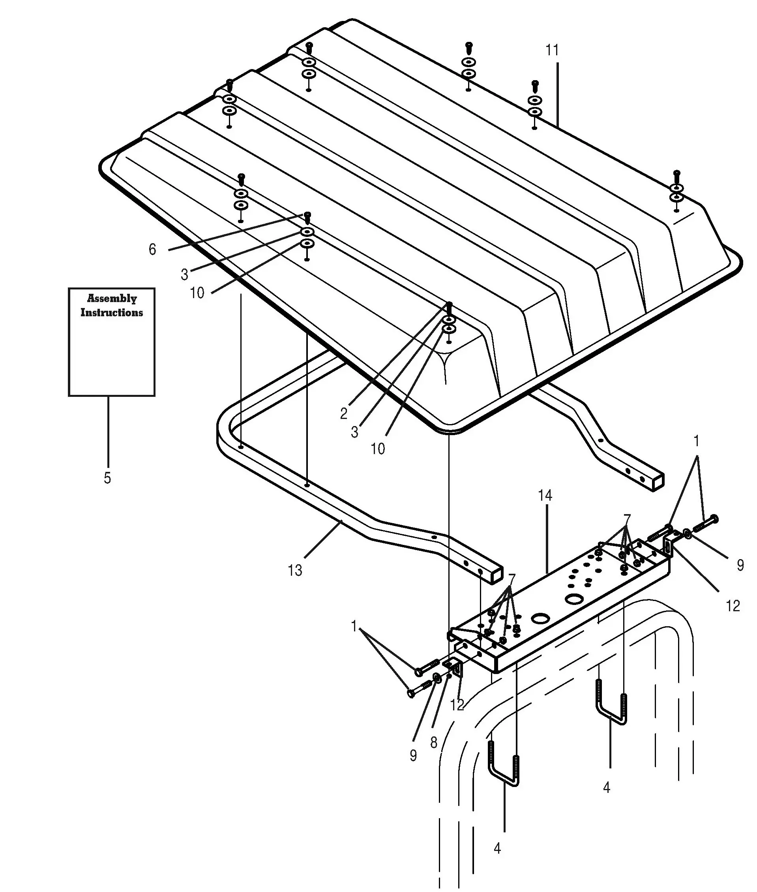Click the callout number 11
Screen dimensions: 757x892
(x=552, y=50)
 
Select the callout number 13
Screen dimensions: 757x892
(x=295, y=571)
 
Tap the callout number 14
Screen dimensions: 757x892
(x=545, y=496)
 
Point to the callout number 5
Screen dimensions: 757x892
(x=107, y=478)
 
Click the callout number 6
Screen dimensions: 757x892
(x=152, y=250)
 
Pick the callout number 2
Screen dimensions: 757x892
(x=344, y=414)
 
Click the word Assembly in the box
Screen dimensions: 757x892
(x=112, y=299)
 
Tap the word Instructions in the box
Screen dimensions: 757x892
(x=112, y=312)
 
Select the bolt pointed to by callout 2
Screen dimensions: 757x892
(x=450, y=308)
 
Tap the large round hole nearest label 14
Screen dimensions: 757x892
(x=573, y=600)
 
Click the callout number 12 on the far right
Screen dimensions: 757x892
(x=733, y=606)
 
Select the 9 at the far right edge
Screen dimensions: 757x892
(x=740, y=565)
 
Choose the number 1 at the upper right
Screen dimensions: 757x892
(x=697, y=441)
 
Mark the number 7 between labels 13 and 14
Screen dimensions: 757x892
(x=512, y=578)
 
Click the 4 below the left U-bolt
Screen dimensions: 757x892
(x=497, y=849)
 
